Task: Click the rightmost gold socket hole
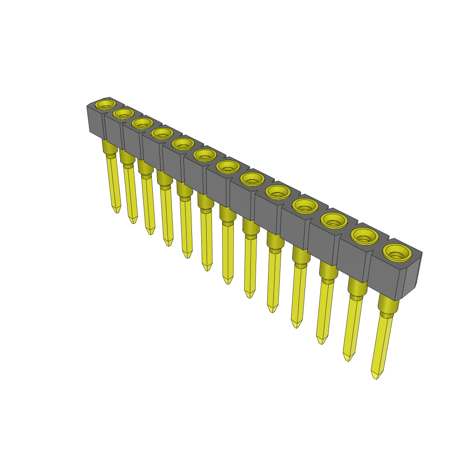pyautogui.click(x=396, y=253)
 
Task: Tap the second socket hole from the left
pyautogui.click(x=123, y=114)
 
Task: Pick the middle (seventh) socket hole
pyautogui.click(x=228, y=167)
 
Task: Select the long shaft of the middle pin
pyautogui.click(x=228, y=249)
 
